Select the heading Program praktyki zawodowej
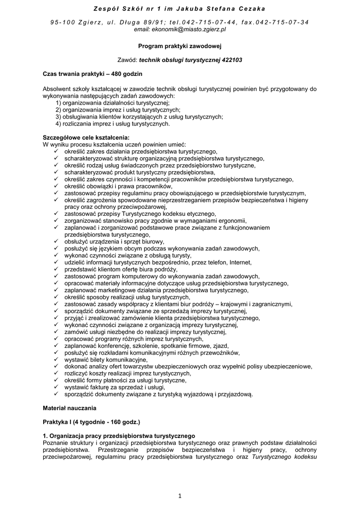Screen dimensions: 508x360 click(180, 46)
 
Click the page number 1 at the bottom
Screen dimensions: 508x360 click(180, 495)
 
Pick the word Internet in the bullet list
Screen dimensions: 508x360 click(240, 262)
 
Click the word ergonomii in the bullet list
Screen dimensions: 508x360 click(233, 221)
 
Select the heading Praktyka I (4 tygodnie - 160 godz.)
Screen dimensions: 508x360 click(92, 422)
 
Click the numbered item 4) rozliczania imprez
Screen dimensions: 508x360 click(113, 124)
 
